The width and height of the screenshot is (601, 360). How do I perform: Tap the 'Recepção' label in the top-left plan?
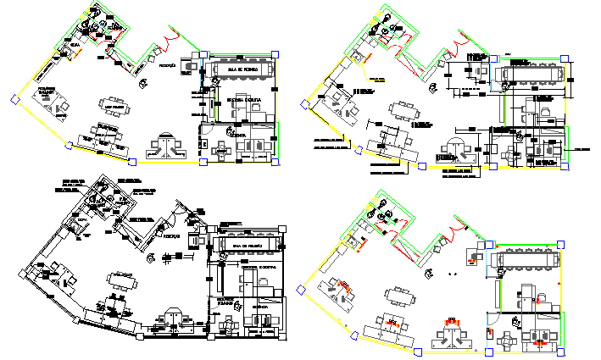click(x=167, y=65)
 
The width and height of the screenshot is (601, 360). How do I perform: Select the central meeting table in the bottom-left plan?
click(x=120, y=281)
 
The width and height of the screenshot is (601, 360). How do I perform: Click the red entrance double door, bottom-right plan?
click(x=459, y=223)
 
